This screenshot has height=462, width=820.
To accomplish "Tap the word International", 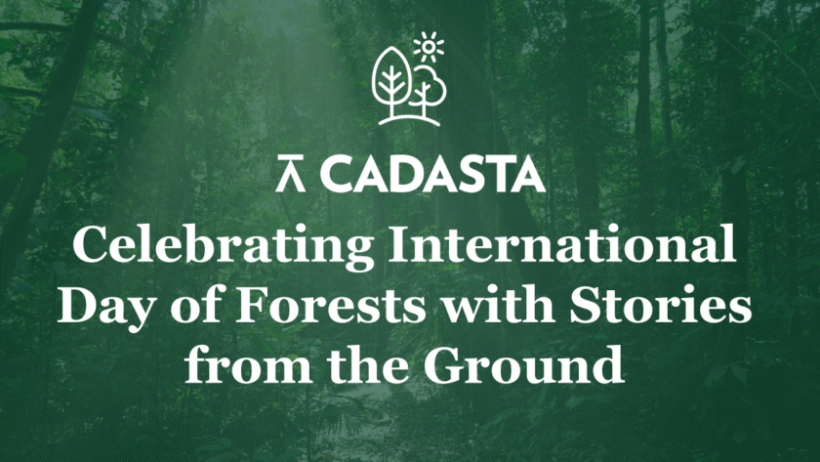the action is (x=562, y=245).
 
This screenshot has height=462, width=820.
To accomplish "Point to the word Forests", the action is (x=331, y=304).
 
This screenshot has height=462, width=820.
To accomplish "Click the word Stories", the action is (x=661, y=304).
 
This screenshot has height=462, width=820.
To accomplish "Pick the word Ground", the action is (x=523, y=363).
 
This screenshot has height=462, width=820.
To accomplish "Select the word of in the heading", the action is (x=195, y=305).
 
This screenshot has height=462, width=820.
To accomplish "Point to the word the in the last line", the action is (x=368, y=363).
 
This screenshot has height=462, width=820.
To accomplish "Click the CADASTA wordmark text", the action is (x=431, y=174).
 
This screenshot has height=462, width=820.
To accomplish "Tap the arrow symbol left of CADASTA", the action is (x=291, y=174).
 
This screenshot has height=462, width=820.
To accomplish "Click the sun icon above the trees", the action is (x=429, y=47).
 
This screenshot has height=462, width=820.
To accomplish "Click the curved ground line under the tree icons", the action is (x=409, y=120).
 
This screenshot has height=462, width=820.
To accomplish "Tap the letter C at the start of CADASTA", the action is (x=336, y=174).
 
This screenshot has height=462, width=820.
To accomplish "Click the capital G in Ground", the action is (x=442, y=363).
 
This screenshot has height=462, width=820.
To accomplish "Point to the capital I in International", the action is (x=401, y=245).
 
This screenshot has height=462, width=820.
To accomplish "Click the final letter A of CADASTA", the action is (x=526, y=174).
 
